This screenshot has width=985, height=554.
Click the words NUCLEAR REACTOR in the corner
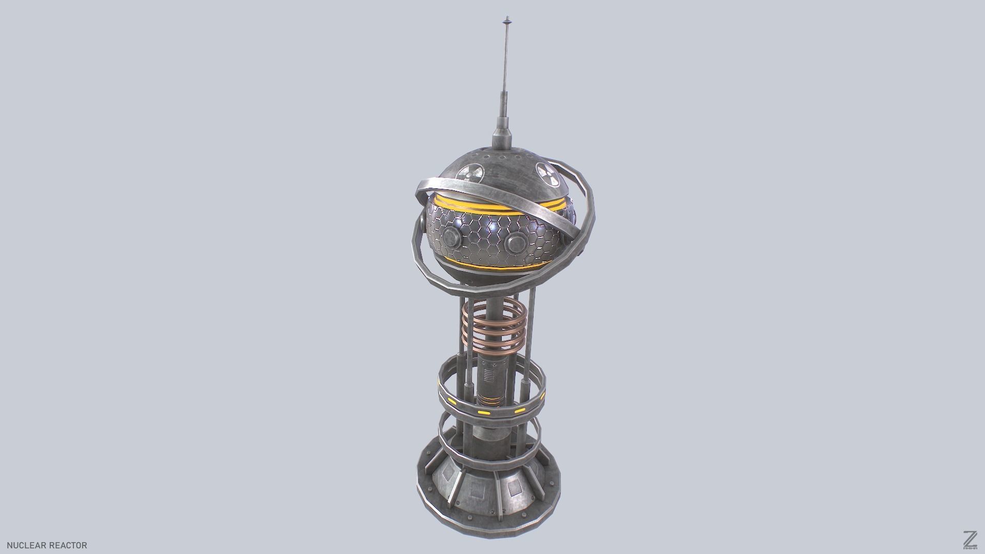click(47, 545)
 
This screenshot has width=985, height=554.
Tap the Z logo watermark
click(969, 539)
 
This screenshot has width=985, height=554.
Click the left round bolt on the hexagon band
click(452, 237)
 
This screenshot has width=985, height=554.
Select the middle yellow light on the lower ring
click(483, 412)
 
